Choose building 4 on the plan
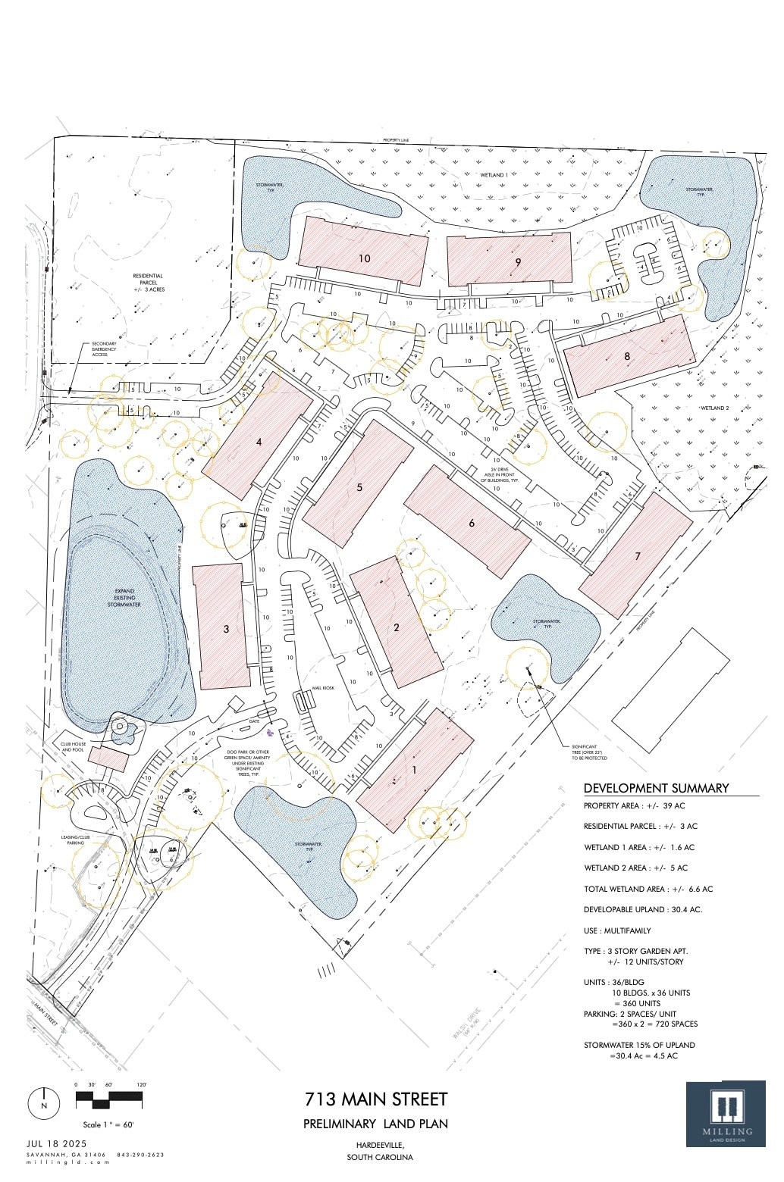tap(259, 442)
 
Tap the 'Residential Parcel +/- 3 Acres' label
tap(148, 283)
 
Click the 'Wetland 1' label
tap(494, 175)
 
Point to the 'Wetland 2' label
tap(713, 408)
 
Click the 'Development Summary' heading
tap(656, 788)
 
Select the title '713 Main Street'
tap(376, 1099)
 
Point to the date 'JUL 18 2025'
tap(57, 1143)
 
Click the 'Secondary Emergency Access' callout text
tap(104, 349)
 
